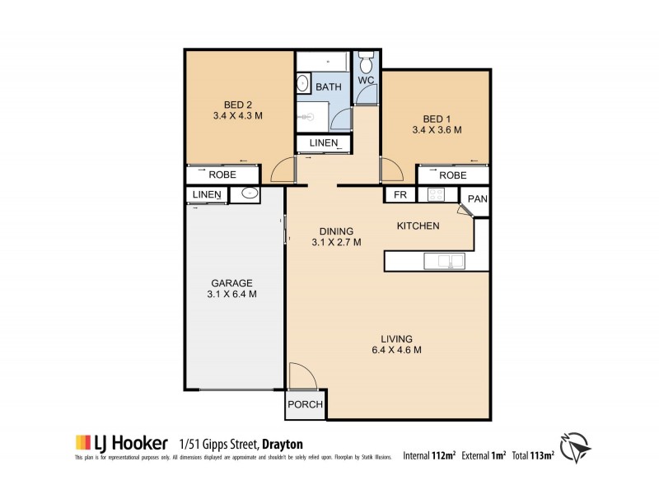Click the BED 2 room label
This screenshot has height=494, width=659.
point(238,104)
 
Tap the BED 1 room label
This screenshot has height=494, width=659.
point(436,118)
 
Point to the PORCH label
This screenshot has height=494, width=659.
point(304,405)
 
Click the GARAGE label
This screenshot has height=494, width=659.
point(231,282)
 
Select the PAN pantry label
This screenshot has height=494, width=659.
point(477,198)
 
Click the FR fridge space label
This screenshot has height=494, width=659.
point(400,196)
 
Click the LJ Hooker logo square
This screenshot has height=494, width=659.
point(82,441)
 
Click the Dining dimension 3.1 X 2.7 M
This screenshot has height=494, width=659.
point(336,242)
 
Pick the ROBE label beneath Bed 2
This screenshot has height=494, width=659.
point(223,175)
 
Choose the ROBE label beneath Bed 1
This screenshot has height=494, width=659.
point(452,175)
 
